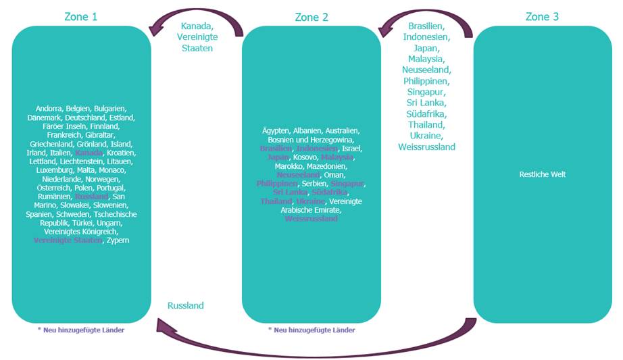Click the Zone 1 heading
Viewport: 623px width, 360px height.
point(81,16)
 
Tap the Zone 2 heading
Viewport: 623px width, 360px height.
point(311,17)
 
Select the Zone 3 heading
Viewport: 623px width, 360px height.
point(542,16)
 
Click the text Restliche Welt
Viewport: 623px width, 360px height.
point(542,174)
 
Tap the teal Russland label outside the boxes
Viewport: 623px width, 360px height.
point(185,305)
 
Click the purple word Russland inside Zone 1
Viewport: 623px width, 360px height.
point(91,196)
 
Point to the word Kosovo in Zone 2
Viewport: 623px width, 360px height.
point(304,157)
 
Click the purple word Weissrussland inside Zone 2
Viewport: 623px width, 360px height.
point(311,219)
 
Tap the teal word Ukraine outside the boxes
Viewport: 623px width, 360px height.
point(426,135)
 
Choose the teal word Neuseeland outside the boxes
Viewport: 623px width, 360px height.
point(426,70)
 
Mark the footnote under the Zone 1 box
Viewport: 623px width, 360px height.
point(80,330)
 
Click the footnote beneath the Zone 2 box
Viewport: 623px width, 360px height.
point(311,330)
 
